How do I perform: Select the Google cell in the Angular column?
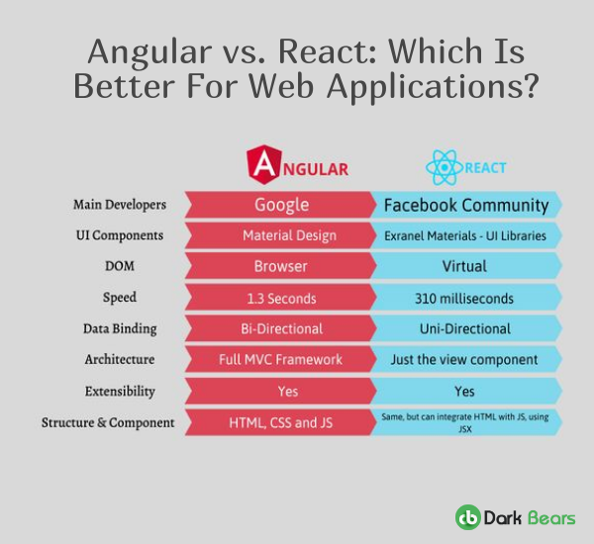[282, 205]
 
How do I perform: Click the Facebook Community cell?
[465, 205]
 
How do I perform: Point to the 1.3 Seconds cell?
[282, 297]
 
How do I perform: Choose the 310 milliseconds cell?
[465, 297]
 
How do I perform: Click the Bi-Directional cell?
[282, 328]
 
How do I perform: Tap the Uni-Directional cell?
[465, 328]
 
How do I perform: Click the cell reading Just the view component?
[465, 359]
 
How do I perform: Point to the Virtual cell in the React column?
[465, 266]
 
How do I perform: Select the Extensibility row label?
[120, 391]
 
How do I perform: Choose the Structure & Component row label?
[108, 422]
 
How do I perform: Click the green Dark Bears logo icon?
[467, 516]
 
